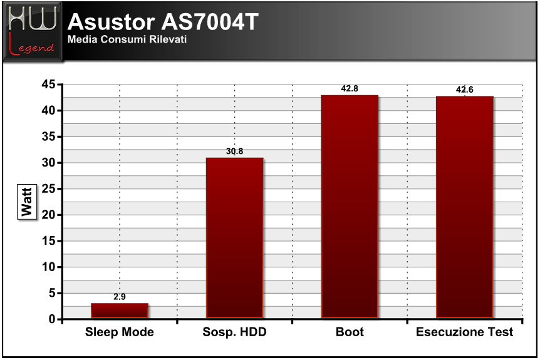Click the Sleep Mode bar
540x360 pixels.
pyautogui.click(x=120, y=311)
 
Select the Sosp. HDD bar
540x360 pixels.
pyautogui.click(x=234, y=238)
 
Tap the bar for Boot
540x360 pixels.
pyautogui.click(x=350, y=207)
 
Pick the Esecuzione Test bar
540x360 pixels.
pyautogui.click(x=465, y=207)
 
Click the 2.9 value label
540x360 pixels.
pyautogui.click(x=120, y=297)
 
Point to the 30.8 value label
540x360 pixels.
pyautogui.click(x=234, y=151)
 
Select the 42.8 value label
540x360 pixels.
pyautogui.click(x=350, y=88)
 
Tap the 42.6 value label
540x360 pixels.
pyautogui.click(x=465, y=90)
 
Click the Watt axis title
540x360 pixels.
pyautogui.click(x=27, y=202)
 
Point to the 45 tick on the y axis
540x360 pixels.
pyautogui.click(x=49, y=84)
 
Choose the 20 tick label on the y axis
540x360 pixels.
pyautogui.click(x=49, y=215)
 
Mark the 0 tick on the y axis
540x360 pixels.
pyautogui.click(x=52, y=319)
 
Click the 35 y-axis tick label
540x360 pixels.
pyautogui.click(x=49, y=136)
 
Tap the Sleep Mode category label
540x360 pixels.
pyautogui.click(x=120, y=332)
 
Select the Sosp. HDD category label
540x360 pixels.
pyautogui.click(x=234, y=332)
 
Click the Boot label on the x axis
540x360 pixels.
pyautogui.click(x=350, y=332)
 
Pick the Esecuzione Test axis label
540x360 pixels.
pyautogui.click(x=465, y=332)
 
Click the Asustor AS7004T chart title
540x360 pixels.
pyautogui.click(x=163, y=22)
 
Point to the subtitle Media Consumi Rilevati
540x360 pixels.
pyautogui.click(x=127, y=39)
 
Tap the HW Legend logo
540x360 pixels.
pyautogui.click(x=33, y=31)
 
